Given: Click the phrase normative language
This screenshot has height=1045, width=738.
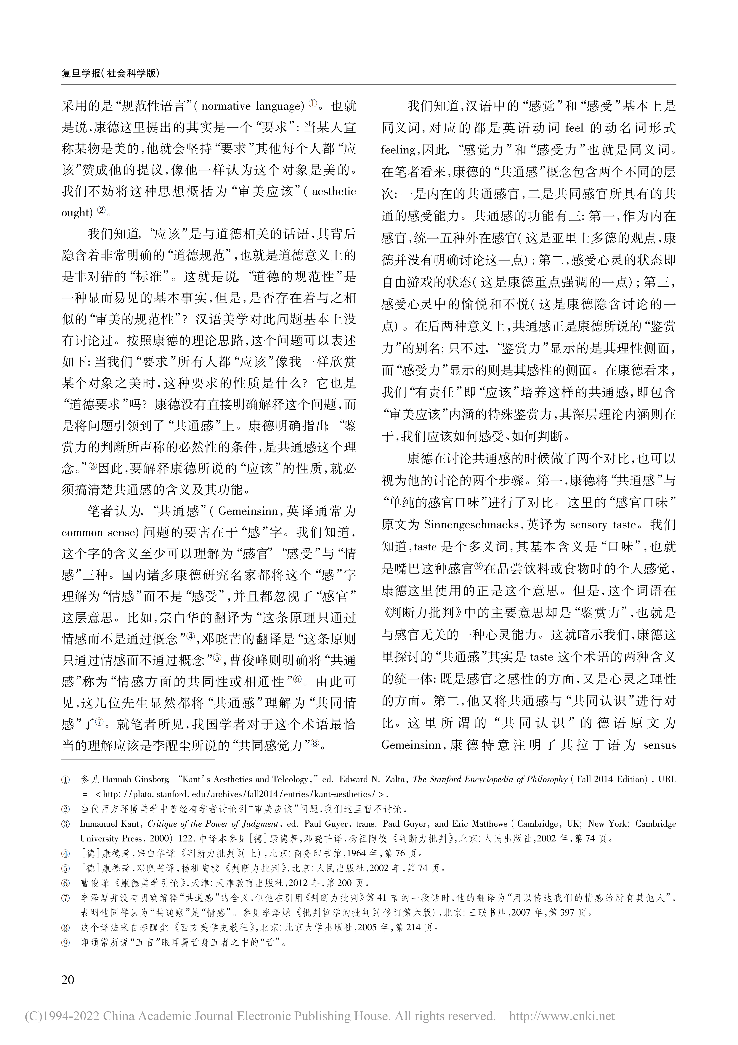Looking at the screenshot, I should pyautogui.click(x=251, y=107).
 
